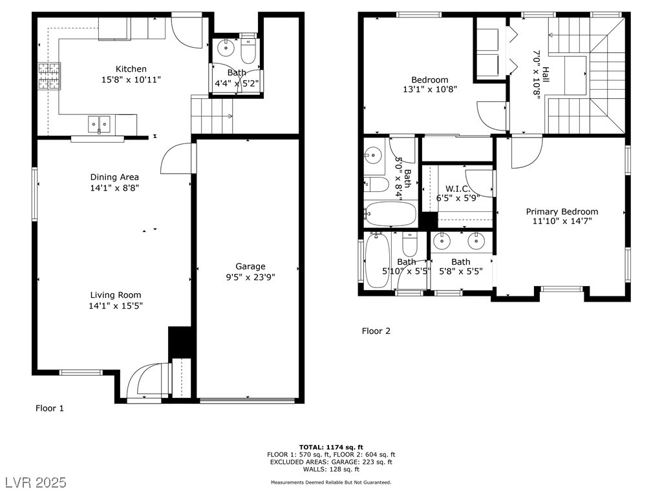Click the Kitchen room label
pos(131,68)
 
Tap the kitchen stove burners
pos(50,76)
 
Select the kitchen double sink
pos(99,124)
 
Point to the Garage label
pos(250,266)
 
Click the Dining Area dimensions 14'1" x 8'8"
pos(114,188)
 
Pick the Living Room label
pos(116,294)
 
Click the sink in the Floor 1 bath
pos(226,48)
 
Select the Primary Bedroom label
pos(562,211)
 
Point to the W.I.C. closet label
pos(458,189)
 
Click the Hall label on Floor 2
pos(546,75)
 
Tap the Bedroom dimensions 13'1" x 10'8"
pos(430,89)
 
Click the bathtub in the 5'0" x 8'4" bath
pos(390,214)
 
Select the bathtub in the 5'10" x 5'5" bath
pos(378,261)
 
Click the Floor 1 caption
pos(49,408)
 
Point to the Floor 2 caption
pos(376,331)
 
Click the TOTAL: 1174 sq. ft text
pos(331,448)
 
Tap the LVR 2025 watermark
pos(36,482)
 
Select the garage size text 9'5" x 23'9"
pos(250,277)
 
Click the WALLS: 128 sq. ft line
pos(331,469)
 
